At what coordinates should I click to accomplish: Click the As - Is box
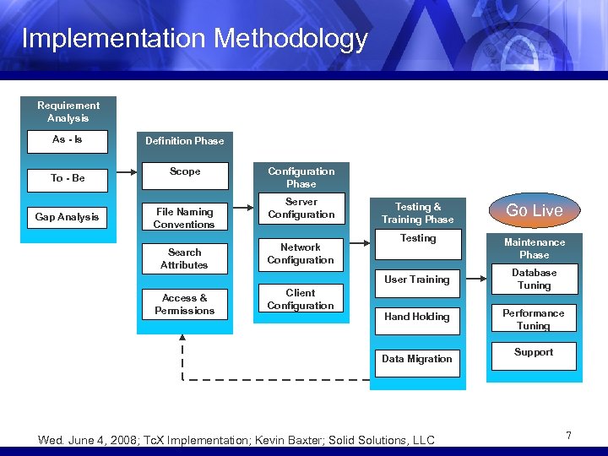(68, 141)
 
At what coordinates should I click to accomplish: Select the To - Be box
(68, 179)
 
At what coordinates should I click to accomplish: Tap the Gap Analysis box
(68, 218)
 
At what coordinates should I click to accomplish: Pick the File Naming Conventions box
(184, 218)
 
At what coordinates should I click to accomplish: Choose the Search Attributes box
(184, 258)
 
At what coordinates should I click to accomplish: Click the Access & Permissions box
(184, 304)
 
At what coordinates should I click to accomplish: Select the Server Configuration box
(301, 209)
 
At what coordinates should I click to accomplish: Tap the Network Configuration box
(301, 254)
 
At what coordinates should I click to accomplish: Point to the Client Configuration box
(301, 300)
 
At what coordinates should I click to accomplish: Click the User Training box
(417, 280)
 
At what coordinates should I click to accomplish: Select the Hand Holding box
(417, 318)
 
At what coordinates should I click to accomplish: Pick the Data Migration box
(417, 360)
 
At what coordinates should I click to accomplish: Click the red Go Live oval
(535, 210)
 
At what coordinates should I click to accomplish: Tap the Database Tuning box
(534, 280)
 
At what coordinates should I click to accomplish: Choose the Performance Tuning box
(534, 318)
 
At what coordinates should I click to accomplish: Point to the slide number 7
(569, 436)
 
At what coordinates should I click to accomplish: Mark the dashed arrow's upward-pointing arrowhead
(182, 339)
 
